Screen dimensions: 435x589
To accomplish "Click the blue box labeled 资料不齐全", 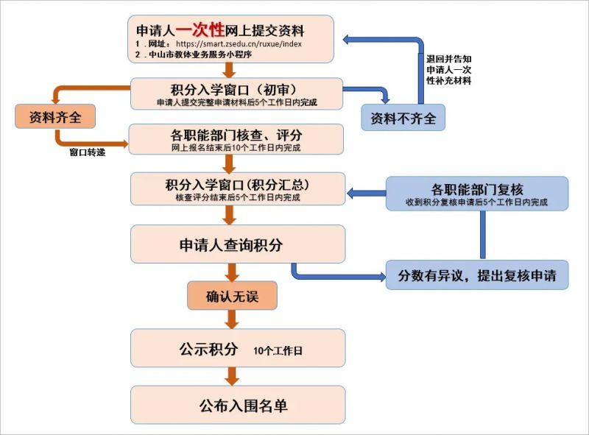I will [403, 118].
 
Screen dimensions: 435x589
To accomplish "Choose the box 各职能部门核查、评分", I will [236, 140].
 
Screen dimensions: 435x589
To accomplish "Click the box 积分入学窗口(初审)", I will [236, 93].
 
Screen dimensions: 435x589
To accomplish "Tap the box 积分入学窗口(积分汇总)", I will [237, 188].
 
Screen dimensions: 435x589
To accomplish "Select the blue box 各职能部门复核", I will [476, 194].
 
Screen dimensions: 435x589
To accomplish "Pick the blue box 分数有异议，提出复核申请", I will [476, 275].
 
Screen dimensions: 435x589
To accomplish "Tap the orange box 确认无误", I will [231, 296].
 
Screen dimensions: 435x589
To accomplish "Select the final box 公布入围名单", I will [237, 406].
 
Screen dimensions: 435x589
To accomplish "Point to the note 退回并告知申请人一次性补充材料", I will [449, 69].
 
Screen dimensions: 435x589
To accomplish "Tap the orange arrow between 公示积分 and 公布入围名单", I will [231, 376].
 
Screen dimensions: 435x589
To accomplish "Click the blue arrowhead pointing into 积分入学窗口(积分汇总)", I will [353, 194].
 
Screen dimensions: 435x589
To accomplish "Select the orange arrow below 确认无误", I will [231, 319].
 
